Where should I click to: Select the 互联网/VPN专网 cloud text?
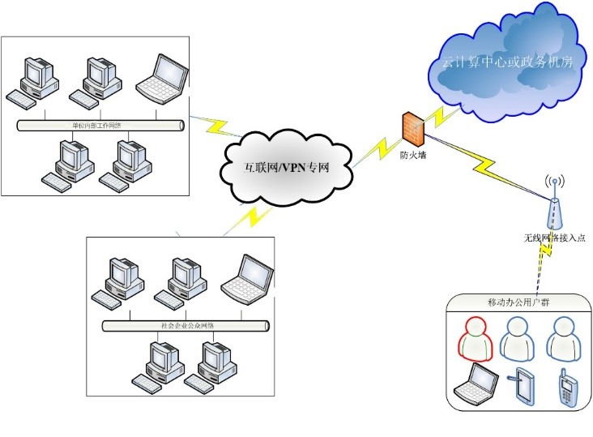tap(287, 169)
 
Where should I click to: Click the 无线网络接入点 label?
tap(554, 238)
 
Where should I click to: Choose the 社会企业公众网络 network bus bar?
tap(186, 325)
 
